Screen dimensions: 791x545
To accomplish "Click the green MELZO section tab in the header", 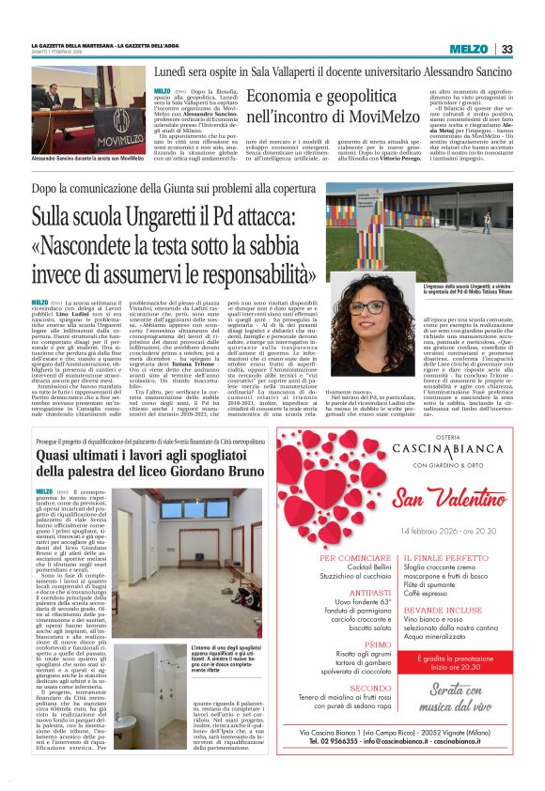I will pos(468,49).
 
